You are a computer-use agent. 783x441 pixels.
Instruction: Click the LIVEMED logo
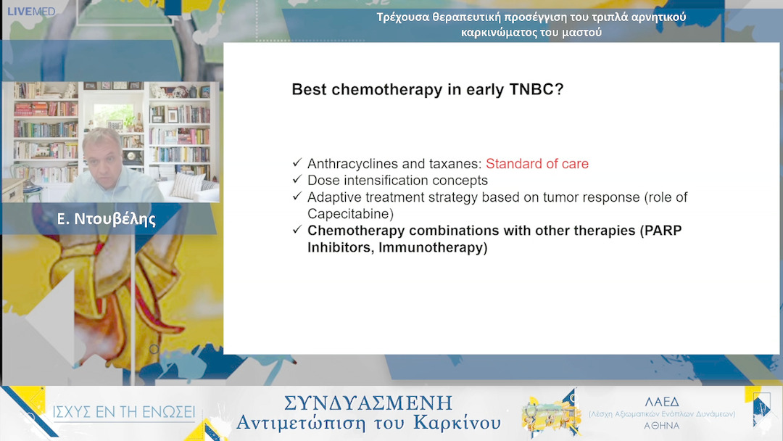pos(31,12)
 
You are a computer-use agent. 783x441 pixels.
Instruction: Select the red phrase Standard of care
pos(536,164)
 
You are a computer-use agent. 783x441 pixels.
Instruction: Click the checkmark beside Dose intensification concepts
pos(297,179)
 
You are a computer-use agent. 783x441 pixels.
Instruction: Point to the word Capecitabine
pos(351,214)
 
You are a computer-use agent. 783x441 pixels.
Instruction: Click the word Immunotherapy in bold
pos(433,248)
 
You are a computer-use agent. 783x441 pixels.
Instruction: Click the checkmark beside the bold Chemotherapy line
pos(297,229)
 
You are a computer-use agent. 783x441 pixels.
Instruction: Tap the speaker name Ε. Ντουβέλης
pos(107,219)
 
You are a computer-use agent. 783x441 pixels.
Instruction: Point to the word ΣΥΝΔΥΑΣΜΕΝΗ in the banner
pos(368,403)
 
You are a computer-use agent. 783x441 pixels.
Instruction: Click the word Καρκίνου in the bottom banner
pos(457,424)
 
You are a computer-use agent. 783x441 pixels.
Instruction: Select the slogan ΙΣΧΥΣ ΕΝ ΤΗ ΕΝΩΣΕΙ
pos(123,412)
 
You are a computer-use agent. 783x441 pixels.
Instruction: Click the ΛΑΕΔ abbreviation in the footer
pos(662,402)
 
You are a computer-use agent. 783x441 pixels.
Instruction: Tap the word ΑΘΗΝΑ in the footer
pos(662,426)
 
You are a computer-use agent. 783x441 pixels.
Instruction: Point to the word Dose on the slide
pos(323,181)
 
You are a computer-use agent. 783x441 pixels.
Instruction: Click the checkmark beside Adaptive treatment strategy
pos(297,196)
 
